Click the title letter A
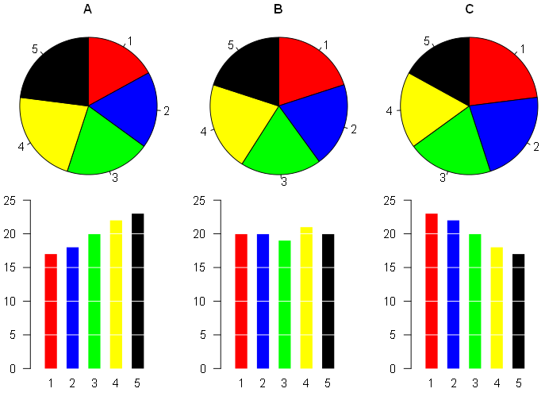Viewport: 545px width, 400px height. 88,10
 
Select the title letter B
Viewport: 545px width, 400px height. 278,10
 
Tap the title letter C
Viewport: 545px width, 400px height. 469,10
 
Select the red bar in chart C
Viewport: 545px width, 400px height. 432,290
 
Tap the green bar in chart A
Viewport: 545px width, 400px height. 94,301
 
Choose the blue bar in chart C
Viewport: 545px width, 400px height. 453,294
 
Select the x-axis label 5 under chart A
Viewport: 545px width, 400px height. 138,384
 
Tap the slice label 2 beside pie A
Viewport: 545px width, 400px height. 167,111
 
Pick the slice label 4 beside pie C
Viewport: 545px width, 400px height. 390,111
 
